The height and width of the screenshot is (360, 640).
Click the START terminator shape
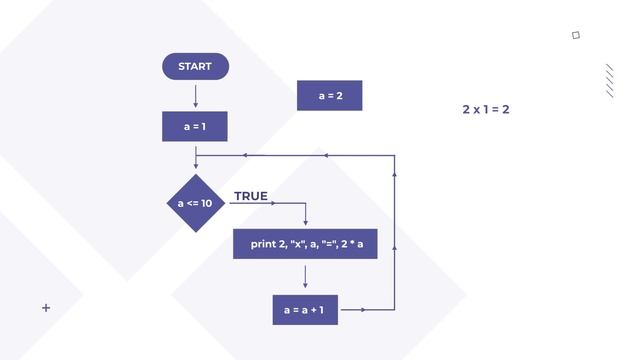pos(195,67)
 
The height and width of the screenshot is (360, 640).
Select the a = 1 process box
pos(195,127)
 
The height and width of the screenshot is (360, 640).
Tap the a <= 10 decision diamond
pos(195,203)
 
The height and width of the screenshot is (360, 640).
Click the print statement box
pos(305,244)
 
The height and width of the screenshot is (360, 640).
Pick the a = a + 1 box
pos(305,309)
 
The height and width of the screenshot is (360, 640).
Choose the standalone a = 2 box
pos(330,96)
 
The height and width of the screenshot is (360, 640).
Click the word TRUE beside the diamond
pos(251,196)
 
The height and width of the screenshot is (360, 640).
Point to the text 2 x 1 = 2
pos(486,109)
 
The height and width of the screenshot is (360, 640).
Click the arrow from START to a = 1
pos(195,95)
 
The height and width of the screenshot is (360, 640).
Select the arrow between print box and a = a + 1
pos(305,276)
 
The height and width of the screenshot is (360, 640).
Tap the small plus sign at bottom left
pos(46,308)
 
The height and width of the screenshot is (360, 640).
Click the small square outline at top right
pos(576,35)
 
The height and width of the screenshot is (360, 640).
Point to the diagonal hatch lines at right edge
pos(610,80)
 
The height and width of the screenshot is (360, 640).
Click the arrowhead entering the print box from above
pos(305,223)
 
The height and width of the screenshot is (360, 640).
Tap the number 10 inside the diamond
pos(206,203)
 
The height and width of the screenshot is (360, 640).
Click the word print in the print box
pos(262,244)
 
